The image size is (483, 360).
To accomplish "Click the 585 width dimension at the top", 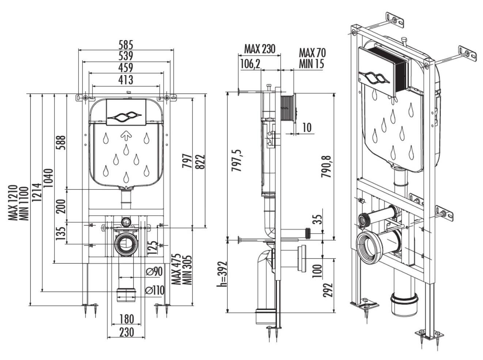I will pos(126,45).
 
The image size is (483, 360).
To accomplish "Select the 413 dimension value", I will pos(126,79).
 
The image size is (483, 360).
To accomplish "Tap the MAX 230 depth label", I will pos(260,49).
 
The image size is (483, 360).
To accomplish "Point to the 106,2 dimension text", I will pos(250,64).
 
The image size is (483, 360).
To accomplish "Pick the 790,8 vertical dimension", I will pos(326,167).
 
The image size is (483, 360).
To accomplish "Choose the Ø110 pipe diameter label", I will pos(155,291).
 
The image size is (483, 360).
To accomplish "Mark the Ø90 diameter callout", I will pos(154,272).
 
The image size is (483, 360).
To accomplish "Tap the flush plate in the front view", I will pos(125,112).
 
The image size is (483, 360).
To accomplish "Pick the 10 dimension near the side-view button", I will pos(307,127).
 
